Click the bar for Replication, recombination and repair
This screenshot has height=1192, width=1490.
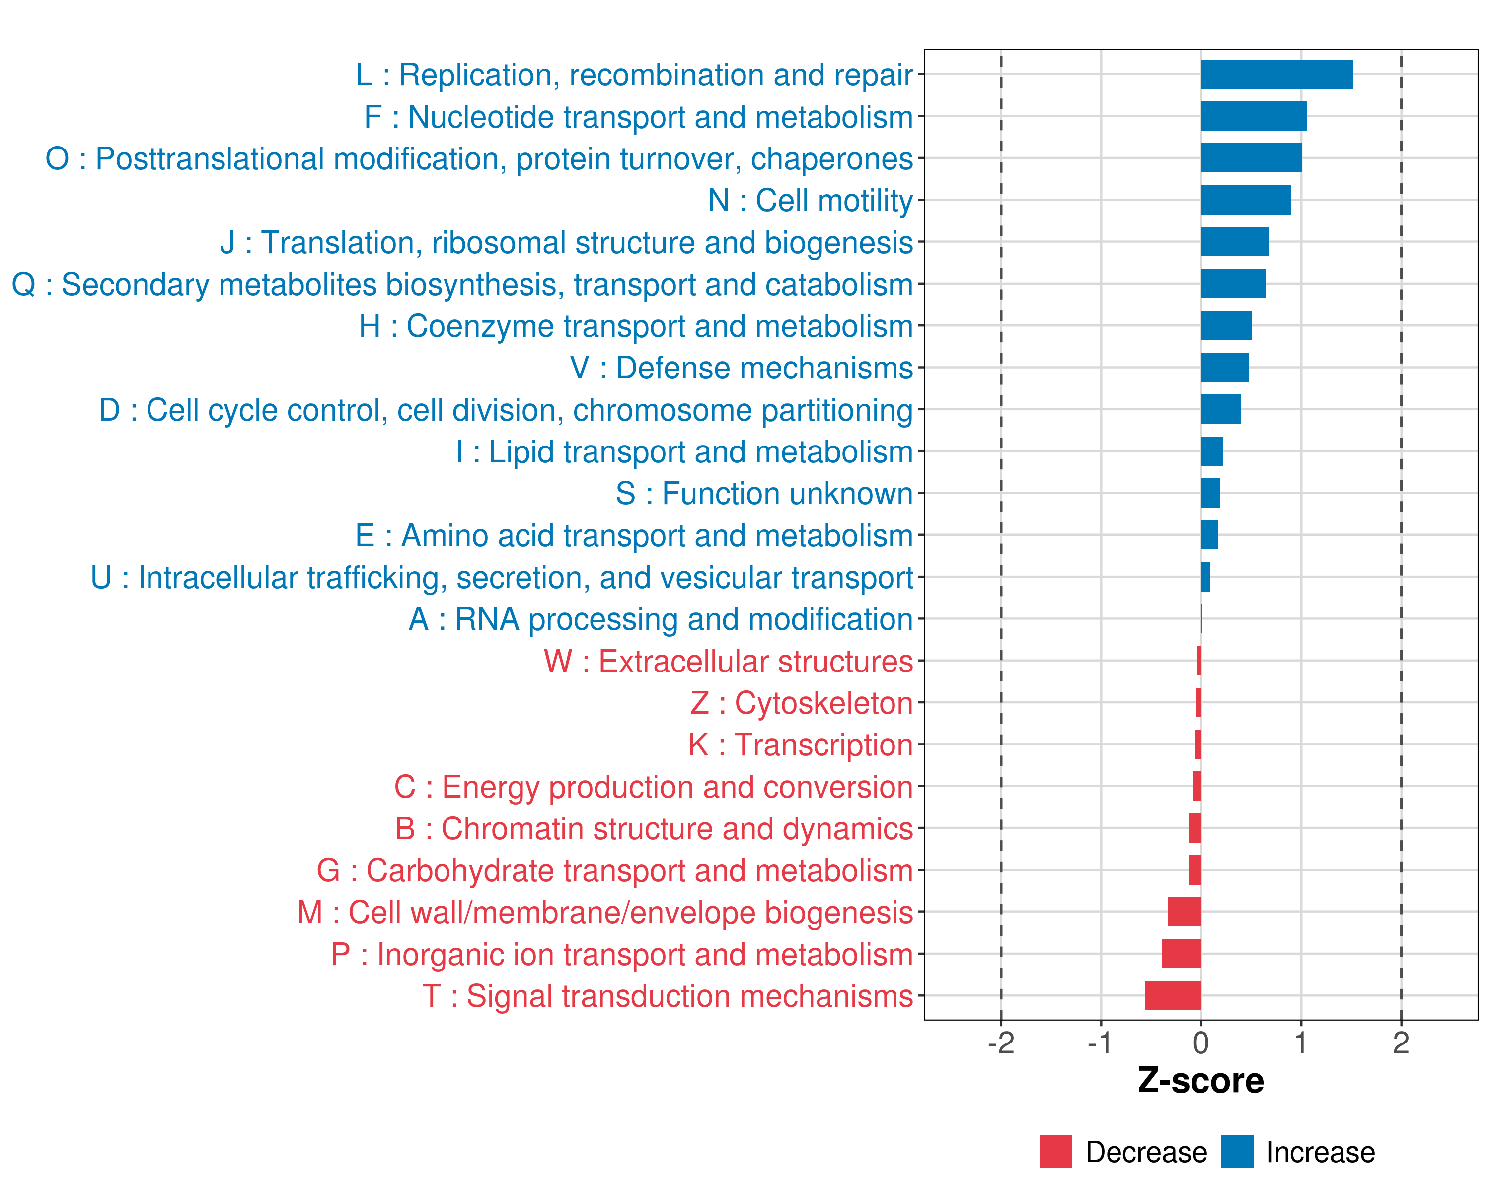point(1276,74)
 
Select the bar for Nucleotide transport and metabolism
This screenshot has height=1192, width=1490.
point(1254,116)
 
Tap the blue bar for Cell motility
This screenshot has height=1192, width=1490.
point(1245,200)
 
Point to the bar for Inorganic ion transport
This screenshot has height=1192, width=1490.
point(1181,954)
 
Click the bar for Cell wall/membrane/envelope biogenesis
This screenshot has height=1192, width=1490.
point(1184,912)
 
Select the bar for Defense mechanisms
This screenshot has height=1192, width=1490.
point(1225,368)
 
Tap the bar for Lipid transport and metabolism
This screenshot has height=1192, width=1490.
point(1212,451)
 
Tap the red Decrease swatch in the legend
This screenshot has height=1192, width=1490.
point(1055,1151)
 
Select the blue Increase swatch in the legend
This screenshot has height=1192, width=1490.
point(1236,1151)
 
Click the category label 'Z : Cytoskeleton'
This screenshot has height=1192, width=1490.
point(802,703)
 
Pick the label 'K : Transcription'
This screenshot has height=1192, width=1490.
point(800,745)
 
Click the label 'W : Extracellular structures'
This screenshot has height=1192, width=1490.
point(729,661)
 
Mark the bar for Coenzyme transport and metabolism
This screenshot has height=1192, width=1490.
point(1226,325)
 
